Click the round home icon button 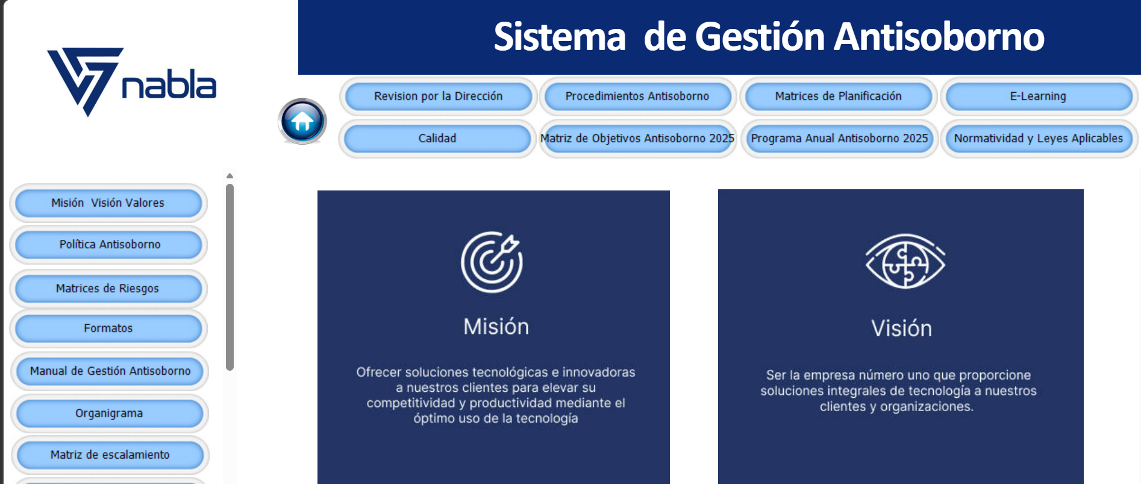(302, 121)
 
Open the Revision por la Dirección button (438, 96)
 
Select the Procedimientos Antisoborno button (637, 96)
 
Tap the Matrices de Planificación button (838, 96)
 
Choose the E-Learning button (1038, 96)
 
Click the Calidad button (437, 139)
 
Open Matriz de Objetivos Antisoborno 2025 (637, 139)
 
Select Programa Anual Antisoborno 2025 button (839, 139)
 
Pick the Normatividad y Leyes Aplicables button (1039, 139)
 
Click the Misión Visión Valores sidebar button (108, 203)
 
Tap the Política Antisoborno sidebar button (109, 245)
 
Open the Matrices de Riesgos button (108, 289)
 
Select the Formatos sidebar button (108, 328)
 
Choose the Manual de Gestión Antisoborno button (110, 371)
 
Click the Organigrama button (110, 413)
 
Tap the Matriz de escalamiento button (110, 455)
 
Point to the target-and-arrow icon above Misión (492, 262)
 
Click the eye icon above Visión (905, 261)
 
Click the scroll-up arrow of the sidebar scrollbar (230, 176)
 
